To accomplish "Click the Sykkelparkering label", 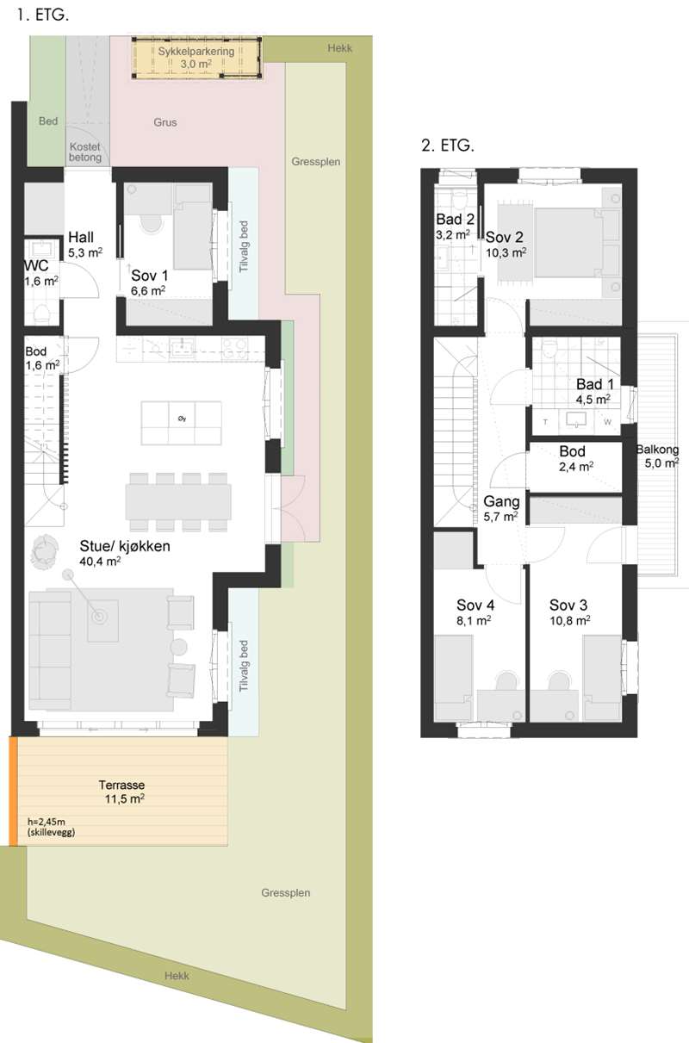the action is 196,51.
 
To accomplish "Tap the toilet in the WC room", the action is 42,314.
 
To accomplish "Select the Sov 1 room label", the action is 149,282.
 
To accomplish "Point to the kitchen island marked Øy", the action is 182,423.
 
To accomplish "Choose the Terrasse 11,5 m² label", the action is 122,792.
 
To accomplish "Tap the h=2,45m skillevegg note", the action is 51,827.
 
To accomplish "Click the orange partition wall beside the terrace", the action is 14,792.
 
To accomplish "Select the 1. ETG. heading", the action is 42,15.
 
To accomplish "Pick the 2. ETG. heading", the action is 447,146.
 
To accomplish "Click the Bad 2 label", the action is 455,219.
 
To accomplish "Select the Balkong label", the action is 657,450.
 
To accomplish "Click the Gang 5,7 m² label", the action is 501,508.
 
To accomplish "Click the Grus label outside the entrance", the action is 165,122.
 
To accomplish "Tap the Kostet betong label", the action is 85,152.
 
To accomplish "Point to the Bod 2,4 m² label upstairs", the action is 575,459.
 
